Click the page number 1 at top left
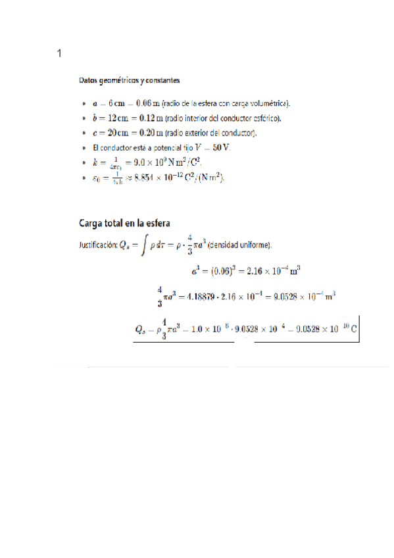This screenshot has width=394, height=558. pyautogui.click(x=60, y=53)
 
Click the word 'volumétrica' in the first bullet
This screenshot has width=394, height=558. pyautogui.click(x=268, y=104)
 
